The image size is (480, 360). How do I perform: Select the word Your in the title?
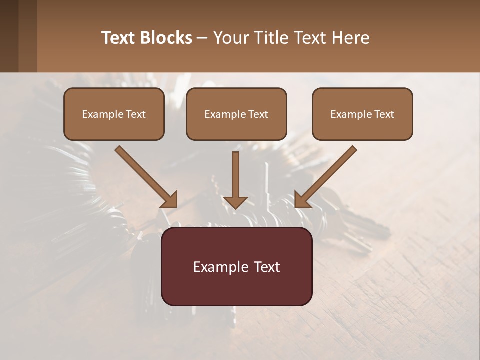coord(231,38)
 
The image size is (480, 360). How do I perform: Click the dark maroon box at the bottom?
coord(236,287)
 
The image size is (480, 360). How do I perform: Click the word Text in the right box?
coord(384,114)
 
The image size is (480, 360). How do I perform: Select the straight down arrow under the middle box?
coord(235,175)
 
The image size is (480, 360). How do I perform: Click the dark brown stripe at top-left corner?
coord(9,36)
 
